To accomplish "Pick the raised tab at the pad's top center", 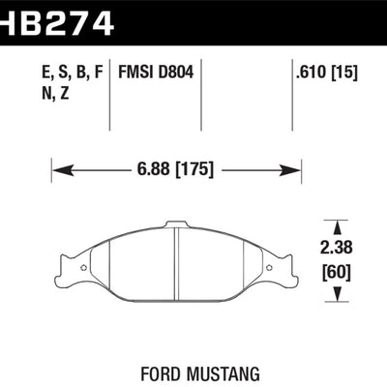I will (x=175, y=228).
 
